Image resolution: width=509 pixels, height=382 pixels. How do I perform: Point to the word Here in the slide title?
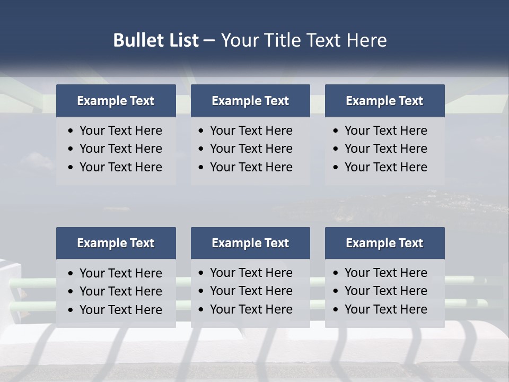(x=366, y=40)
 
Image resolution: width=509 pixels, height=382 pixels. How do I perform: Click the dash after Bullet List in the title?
(x=209, y=40)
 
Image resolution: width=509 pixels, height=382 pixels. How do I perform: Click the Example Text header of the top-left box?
(x=116, y=101)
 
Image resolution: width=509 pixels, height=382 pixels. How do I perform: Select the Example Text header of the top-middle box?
(x=250, y=101)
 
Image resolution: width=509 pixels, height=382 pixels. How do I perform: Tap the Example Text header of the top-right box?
(x=384, y=101)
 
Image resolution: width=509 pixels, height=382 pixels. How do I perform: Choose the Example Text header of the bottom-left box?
(x=116, y=243)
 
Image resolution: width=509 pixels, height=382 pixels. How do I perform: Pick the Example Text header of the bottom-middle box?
(x=250, y=243)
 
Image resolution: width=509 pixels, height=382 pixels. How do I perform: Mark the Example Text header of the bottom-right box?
(x=384, y=243)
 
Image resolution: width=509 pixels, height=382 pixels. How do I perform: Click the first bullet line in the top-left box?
(x=120, y=131)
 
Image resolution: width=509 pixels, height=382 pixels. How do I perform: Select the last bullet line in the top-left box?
(x=120, y=167)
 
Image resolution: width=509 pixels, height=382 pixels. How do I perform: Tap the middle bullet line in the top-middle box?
(x=251, y=149)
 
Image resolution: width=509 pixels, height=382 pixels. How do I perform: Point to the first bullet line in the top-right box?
(x=385, y=131)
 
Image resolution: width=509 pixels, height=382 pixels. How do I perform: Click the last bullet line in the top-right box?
(x=385, y=167)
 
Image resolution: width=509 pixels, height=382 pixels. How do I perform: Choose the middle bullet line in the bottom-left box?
(x=120, y=291)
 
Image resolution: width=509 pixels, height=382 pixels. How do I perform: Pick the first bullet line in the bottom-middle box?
(x=251, y=273)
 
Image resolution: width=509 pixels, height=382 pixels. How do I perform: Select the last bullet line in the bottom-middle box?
(x=251, y=309)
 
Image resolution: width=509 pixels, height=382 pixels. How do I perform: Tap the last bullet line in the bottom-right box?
(x=385, y=309)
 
